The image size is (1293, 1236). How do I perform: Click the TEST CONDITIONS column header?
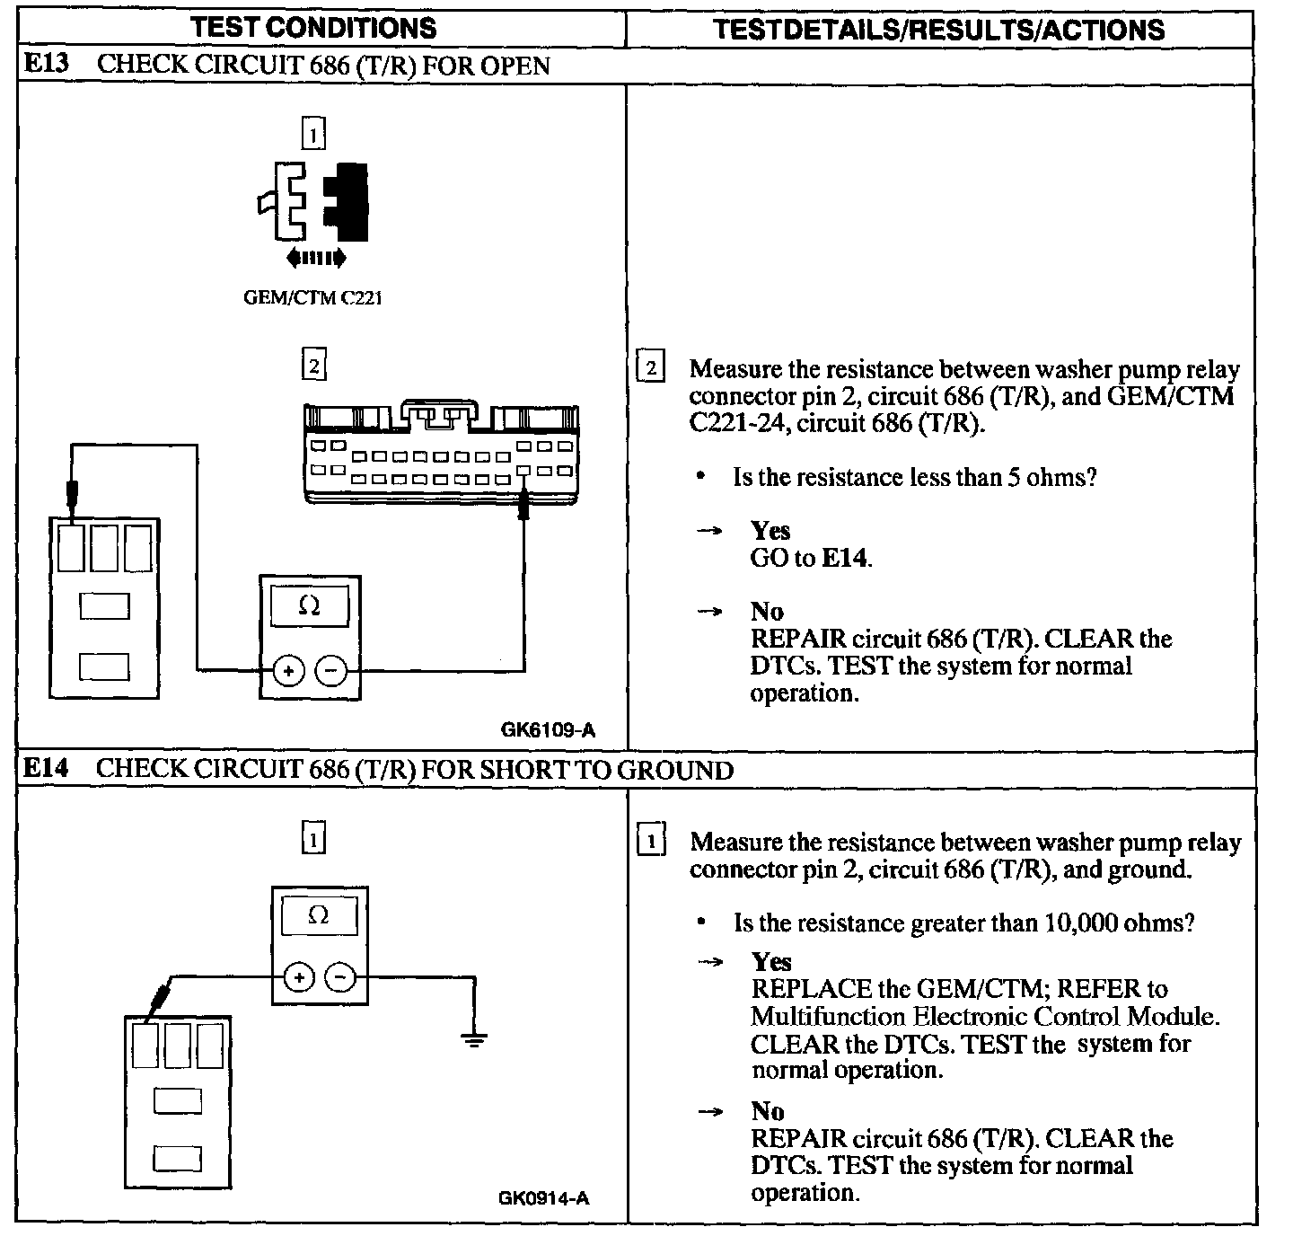click(313, 27)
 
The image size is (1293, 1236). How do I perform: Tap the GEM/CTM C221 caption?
click(312, 298)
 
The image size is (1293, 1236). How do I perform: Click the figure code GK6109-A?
click(548, 730)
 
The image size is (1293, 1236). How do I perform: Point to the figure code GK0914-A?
click(544, 1197)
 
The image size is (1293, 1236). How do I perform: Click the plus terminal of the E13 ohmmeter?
click(289, 670)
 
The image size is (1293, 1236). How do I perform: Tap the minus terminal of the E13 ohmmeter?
click(331, 670)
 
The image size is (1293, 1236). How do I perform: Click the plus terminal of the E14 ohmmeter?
click(299, 977)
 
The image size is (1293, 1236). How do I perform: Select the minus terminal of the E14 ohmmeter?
click(340, 977)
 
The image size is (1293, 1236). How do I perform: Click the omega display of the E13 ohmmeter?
click(309, 606)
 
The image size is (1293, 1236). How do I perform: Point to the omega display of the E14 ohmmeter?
click(319, 915)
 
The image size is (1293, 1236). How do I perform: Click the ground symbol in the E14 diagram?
click(474, 1040)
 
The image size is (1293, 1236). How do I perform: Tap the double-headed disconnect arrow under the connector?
click(315, 259)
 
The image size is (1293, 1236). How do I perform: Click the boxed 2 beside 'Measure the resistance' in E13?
click(651, 368)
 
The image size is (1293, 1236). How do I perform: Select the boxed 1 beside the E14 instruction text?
click(651, 842)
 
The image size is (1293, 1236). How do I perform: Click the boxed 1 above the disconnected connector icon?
click(312, 135)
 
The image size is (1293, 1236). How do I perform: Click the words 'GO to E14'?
click(811, 558)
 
